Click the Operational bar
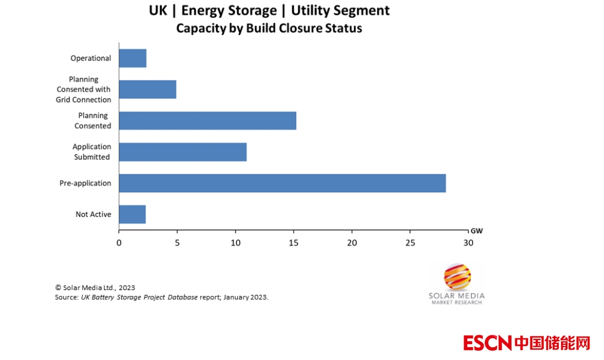pos(133,58)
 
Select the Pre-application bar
pos(282,183)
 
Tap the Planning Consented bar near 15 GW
pos(207,120)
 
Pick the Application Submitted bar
pos(182,152)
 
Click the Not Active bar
pos(132,214)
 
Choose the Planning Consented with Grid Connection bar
pos(147,89)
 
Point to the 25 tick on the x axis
pos(410,243)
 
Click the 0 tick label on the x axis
pos(119,243)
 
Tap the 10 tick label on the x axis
pos(235,243)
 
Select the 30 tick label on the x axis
pos(468,243)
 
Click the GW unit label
pos(476,230)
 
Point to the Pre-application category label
pos(85,183)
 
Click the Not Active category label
pos(93,214)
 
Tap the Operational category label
pos(91,58)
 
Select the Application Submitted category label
pos(91,152)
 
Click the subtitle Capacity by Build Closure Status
pos(269,29)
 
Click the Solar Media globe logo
pos(457,277)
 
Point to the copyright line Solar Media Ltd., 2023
pos(95,288)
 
